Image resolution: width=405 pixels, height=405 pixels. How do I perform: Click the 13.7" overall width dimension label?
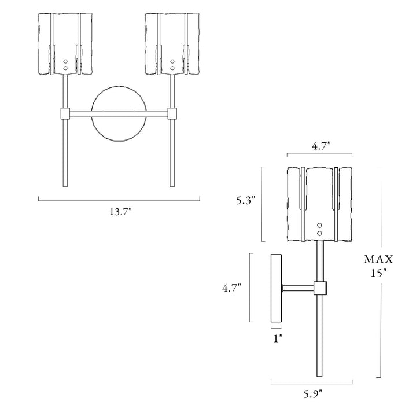pos(119,212)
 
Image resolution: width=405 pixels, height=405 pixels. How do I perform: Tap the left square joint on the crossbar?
pos(65,112)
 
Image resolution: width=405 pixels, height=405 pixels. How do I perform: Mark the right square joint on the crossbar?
pos(172,112)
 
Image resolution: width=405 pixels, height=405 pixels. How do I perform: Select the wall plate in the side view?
pos(277,288)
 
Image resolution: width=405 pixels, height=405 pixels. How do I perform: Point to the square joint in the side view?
pos(319,287)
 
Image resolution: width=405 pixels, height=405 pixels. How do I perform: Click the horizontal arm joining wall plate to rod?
pos(297,287)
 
